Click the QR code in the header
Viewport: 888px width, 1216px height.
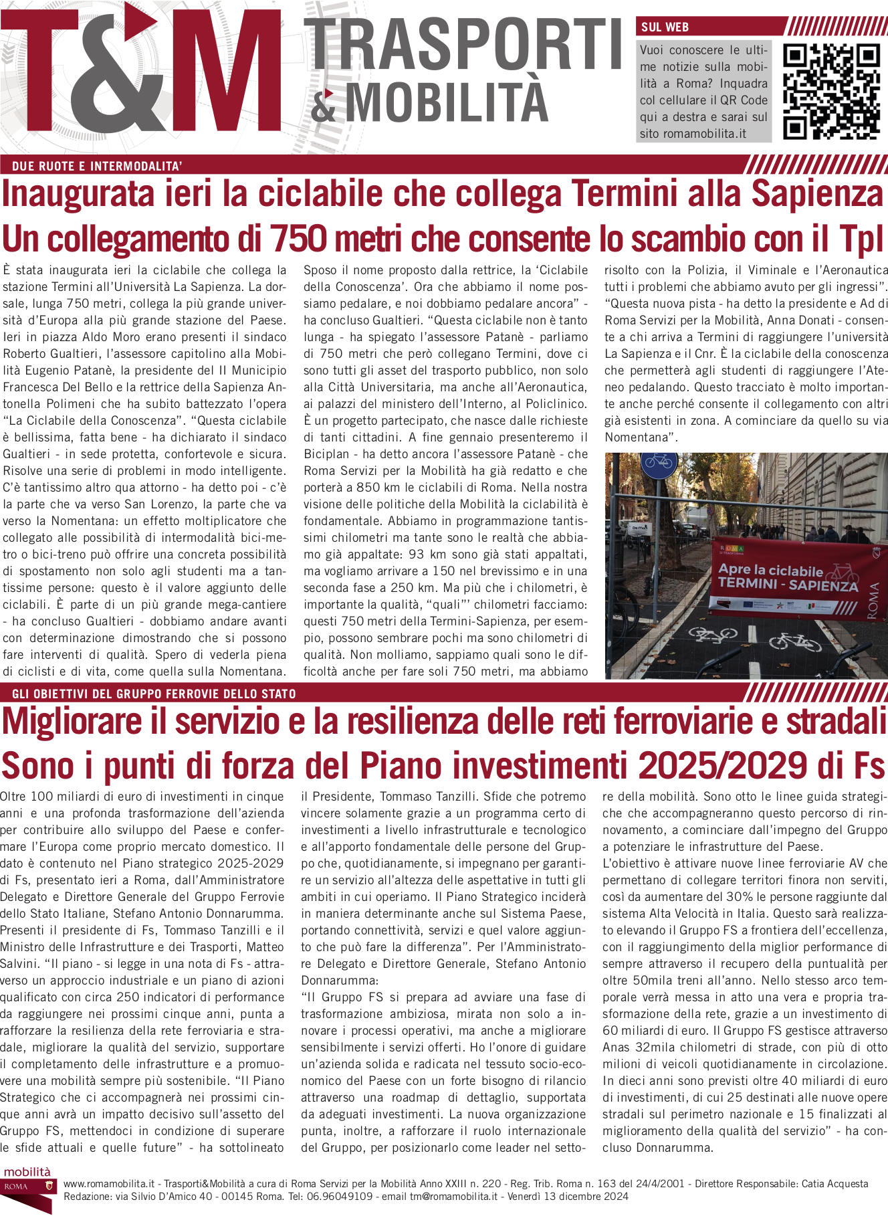(x=831, y=92)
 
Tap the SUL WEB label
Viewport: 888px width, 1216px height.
(x=665, y=27)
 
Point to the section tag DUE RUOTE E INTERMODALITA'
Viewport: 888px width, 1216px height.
(x=97, y=167)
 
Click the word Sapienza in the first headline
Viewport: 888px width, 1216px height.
(x=817, y=194)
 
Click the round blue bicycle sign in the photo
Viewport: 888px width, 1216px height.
(x=659, y=461)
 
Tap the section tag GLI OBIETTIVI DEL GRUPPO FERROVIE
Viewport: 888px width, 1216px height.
(x=154, y=694)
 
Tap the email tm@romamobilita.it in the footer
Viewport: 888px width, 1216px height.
(x=453, y=1197)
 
